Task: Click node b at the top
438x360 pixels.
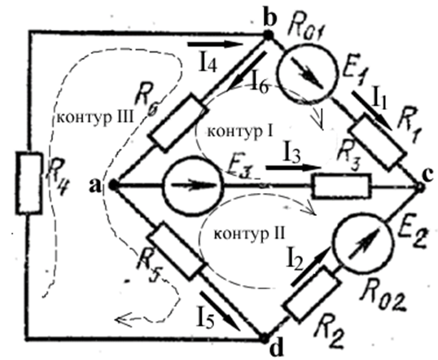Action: [x=269, y=36]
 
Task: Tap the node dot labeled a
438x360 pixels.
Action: [x=113, y=185]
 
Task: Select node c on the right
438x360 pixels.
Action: [x=420, y=187]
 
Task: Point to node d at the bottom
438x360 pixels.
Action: [x=264, y=339]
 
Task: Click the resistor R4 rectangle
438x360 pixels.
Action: [x=29, y=183]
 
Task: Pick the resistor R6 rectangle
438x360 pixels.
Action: [x=178, y=123]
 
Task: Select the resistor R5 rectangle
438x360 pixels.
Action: [x=175, y=251]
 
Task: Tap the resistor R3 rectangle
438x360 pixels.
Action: [x=342, y=186]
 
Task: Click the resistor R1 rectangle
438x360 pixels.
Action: [x=378, y=142]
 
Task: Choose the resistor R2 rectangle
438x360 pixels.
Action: [x=312, y=293]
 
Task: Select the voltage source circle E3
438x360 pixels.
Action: [x=194, y=186]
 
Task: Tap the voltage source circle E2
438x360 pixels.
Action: [x=363, y=243]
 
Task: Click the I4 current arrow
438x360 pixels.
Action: [x=216, y=44]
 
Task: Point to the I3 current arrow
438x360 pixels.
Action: [x=293, y=168]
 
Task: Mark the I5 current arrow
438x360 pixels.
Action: [x=220, y=311]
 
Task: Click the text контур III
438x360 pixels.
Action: [x=95, y=118]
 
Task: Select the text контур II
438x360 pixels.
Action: [x=249, y=235]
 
